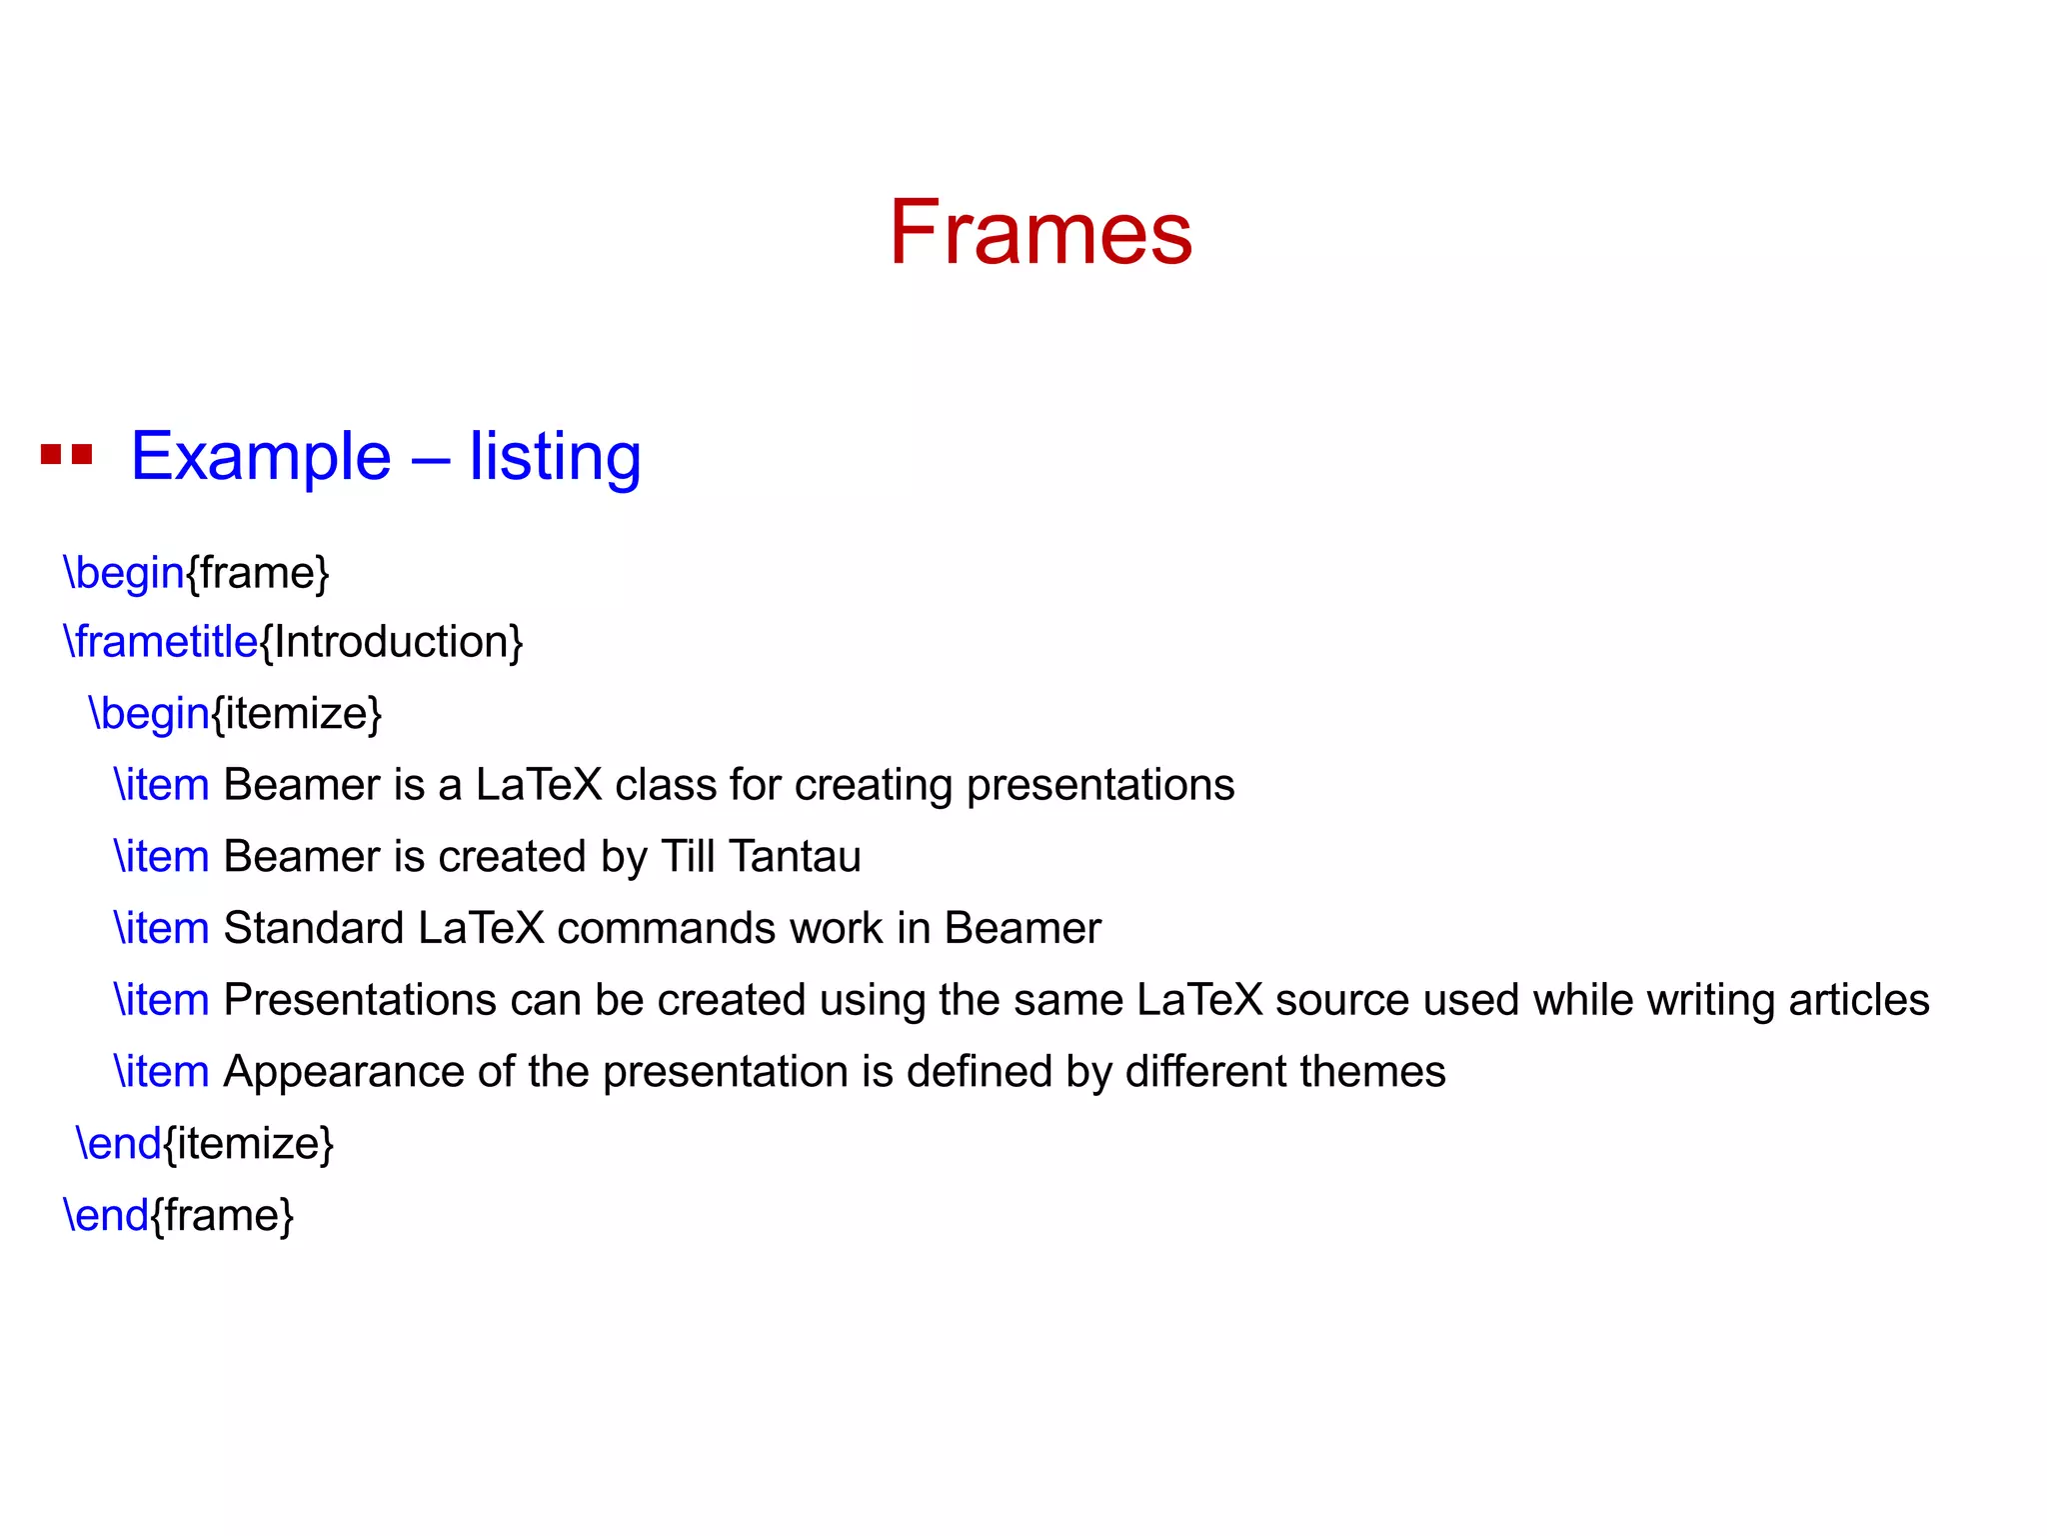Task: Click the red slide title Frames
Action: [1040, 233]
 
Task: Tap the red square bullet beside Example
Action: [66, 455]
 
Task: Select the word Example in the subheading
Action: [261, 457]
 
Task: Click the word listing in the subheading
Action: [555, 457]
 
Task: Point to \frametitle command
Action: [161, 642]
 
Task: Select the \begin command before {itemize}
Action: [150, 714]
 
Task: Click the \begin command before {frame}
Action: [124, 573]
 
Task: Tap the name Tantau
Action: [795, 857]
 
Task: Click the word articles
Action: [1858, 1000]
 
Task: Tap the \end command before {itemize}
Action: [119, 1144]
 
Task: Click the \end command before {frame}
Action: [106, 1216]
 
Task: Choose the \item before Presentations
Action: [161, 1000]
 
